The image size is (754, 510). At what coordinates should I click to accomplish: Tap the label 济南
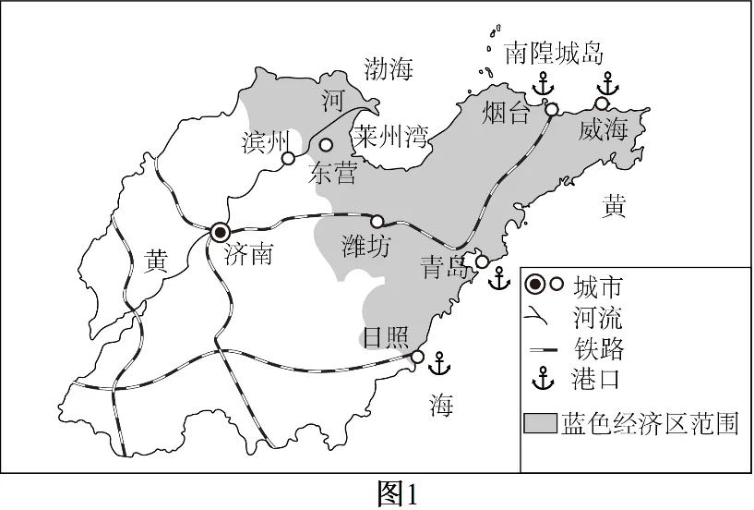click(249, 255)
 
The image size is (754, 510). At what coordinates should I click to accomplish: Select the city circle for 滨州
click(288, 159)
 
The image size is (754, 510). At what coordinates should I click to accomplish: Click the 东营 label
click(332, 173)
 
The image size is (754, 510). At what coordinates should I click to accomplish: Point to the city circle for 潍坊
click(377, 221)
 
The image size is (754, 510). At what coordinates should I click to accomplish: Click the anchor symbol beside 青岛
click(498, 277)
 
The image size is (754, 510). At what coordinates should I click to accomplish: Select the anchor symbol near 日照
click(440, 363)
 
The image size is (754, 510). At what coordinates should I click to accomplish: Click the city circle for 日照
click(417, 357)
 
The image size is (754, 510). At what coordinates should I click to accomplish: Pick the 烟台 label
click(507, 114)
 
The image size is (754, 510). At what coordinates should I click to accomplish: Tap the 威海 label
click(603, 130)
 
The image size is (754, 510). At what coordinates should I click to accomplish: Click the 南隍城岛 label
click(555, 55)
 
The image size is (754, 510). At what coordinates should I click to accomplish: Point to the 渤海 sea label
click(389, 68)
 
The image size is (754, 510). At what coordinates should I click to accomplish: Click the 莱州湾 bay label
click(391, 139)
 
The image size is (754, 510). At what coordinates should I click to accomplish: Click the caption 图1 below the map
click(399, 494)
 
